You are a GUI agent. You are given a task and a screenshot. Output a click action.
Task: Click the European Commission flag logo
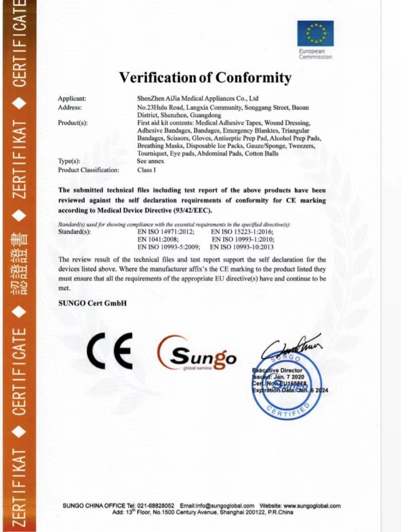[x=315, y=34]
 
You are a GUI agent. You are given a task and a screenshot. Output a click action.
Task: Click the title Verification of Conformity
[x=205, y=77]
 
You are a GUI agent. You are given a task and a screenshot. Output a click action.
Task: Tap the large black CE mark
[x=110, y=351]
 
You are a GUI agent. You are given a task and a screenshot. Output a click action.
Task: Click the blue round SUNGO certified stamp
[x=287, y=385]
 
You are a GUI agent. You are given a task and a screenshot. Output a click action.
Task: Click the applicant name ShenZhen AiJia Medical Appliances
[x=198, y=98]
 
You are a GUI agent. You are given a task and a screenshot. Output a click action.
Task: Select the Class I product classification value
[x=146, y=170]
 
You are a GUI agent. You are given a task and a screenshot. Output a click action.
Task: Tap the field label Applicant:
[x=72, y=99]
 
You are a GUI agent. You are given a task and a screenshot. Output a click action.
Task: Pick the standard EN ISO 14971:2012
[x=166, y=232]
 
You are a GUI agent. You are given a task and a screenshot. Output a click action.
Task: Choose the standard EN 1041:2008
[x=158, y=239]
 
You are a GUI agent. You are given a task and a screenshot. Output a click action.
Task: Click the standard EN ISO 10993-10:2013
[x=242, y=247]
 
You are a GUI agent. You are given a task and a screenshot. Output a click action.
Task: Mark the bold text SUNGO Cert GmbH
[x=93, y=303]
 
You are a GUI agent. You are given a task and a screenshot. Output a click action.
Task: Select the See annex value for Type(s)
[x=150, y=161]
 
